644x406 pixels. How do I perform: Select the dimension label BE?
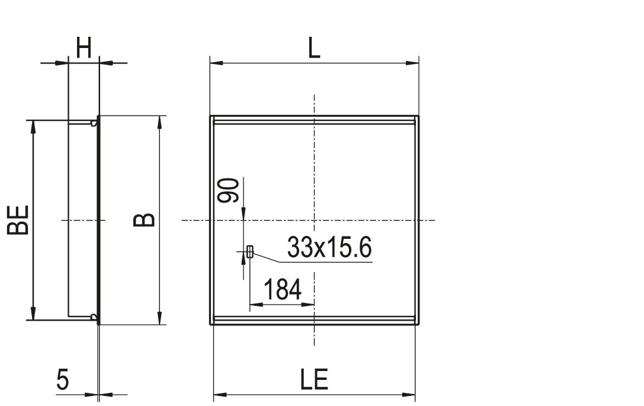tap(18, 220)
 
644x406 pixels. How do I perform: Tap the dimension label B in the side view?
tap(144, 220)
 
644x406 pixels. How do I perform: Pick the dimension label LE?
tap(314, 379)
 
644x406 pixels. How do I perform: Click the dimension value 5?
tap(62, 379)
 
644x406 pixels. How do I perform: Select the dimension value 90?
tap(228, 190)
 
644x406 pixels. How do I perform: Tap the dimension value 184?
tap(282, 289)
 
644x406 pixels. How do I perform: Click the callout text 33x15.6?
tap(329, 247)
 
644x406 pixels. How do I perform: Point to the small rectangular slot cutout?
tap(249, 251)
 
